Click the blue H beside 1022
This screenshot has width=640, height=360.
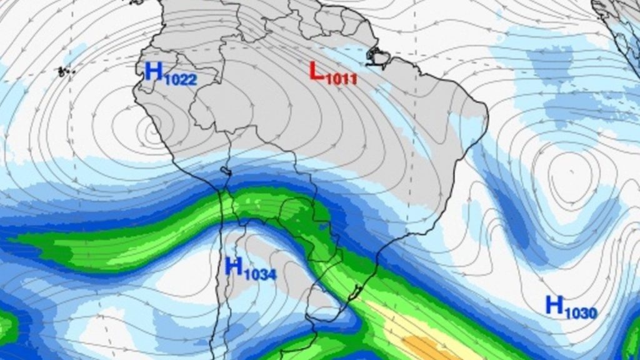152,71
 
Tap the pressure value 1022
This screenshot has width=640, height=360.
179,79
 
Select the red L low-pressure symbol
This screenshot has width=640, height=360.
316,71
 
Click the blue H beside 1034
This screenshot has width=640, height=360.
233,266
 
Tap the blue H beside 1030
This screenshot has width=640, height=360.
554,305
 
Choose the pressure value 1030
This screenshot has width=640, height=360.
581,312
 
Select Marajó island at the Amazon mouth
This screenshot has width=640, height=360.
378,58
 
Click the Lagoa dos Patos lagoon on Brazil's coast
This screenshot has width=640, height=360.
357,291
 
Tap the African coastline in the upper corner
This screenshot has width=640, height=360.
616,19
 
